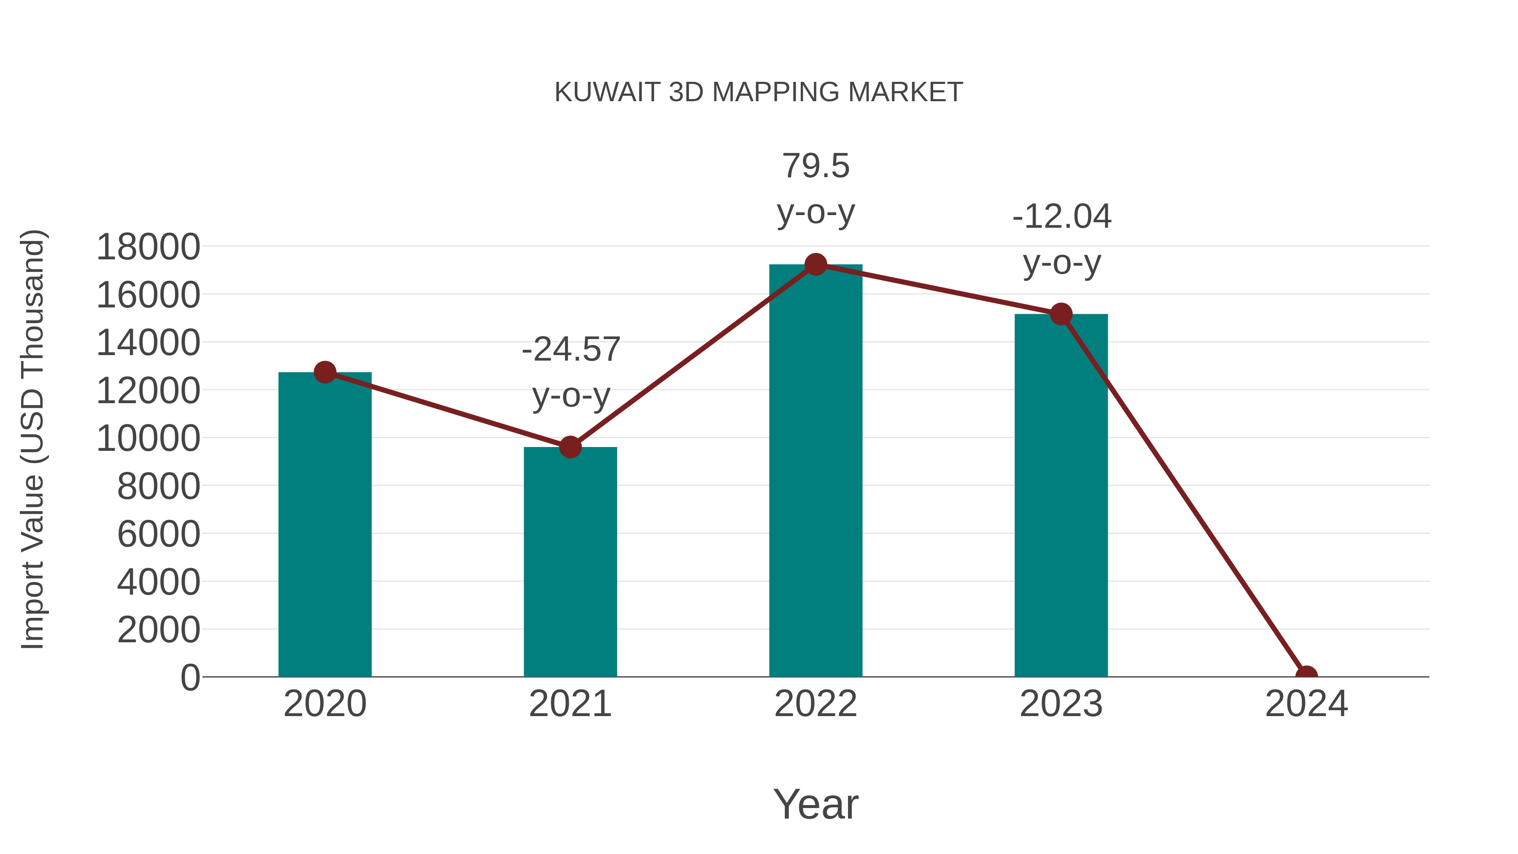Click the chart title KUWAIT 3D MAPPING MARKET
[759, 92]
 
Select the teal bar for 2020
[325, 525]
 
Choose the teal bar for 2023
[1061, 495]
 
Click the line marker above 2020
[325, 372]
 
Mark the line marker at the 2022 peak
[816, 264]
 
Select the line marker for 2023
[1061, 314]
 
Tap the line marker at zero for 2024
[1306, 676]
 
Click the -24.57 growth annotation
[571, 350]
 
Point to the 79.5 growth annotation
[816, 166]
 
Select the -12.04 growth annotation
[1061, 217]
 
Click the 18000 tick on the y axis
[148, 247]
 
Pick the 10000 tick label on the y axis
[148, 439]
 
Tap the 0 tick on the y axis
[190, 678]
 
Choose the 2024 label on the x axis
[1306, 704]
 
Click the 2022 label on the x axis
[816, 704]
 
